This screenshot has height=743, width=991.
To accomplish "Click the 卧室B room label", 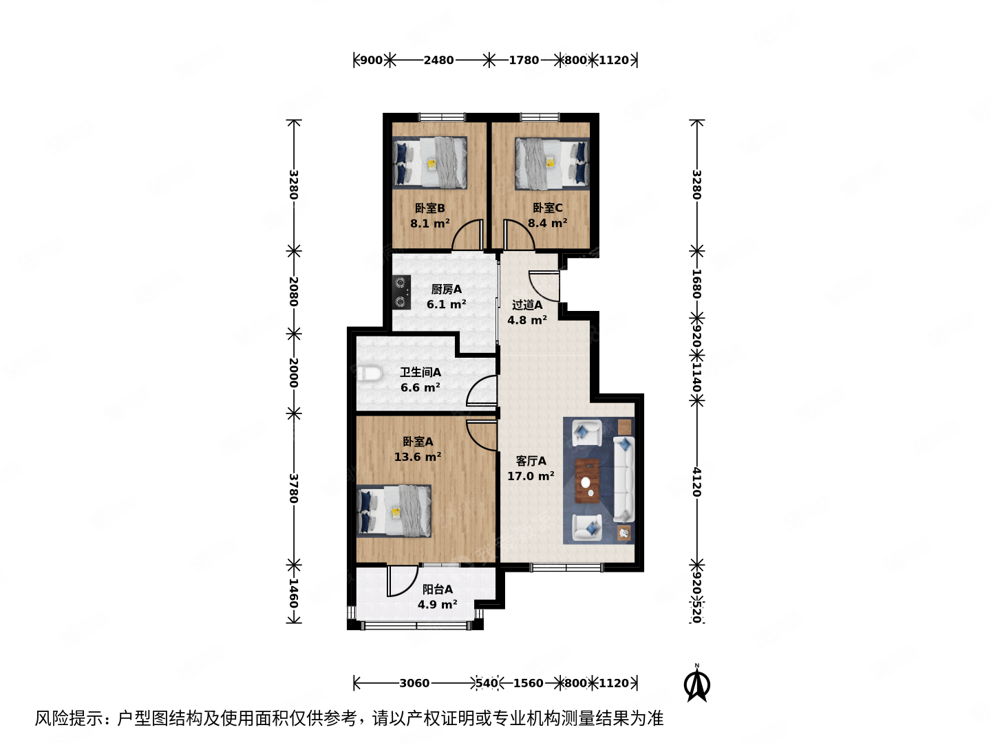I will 429,208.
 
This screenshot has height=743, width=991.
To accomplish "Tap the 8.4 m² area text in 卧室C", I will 547,223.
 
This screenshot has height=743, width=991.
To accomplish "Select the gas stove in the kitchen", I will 401,292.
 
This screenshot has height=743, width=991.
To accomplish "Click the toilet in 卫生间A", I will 370,374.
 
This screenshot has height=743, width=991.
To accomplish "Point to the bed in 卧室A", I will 394,510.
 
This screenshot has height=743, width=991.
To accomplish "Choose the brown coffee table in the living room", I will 587,481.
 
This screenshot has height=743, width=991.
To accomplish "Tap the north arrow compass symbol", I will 696,684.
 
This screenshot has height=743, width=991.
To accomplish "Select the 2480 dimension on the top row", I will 438,60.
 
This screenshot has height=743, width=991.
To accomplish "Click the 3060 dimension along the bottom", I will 414,683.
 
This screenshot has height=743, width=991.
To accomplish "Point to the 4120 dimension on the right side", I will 696,482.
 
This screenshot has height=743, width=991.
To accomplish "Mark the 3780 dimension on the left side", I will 294,488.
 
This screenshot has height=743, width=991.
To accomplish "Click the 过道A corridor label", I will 527,305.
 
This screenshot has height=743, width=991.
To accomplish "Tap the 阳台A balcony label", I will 437,590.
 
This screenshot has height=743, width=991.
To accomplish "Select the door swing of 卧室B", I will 469,235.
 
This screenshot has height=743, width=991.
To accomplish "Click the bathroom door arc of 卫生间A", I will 482,391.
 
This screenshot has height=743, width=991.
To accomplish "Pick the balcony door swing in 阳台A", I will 403,581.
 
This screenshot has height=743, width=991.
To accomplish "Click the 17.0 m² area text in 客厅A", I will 531,476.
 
